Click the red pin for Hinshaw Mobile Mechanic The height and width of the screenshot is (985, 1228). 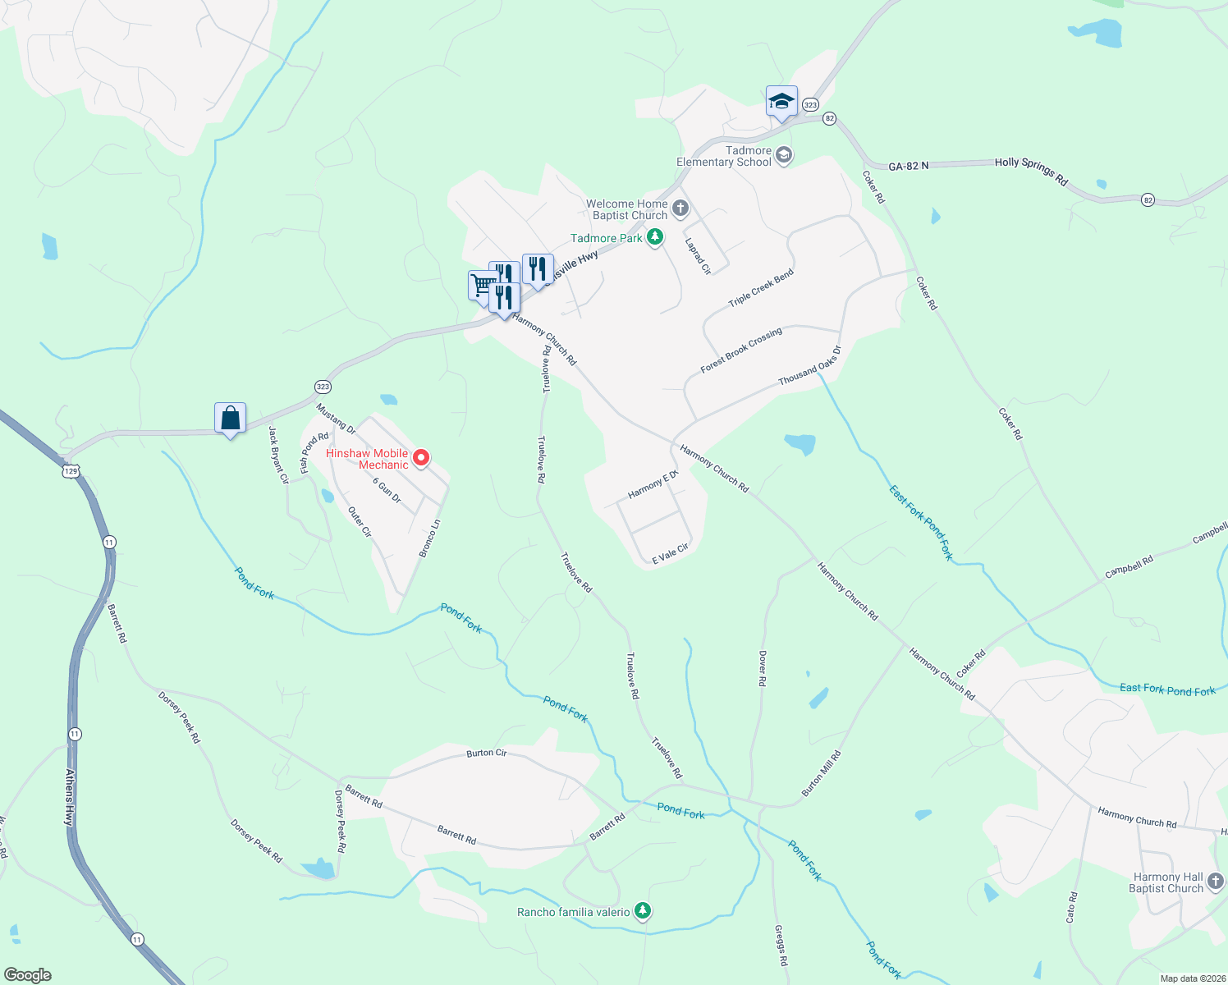click(x=421, y=458)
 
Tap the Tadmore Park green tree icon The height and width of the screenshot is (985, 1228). click(x=654, y=238)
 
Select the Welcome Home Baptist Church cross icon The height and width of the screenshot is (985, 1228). click(x=680, y=208)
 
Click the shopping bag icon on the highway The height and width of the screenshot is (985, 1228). click(x=231, y=419)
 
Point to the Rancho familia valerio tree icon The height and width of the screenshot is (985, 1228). click(x=643, y=911)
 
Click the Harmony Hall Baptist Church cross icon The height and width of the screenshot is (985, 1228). click(x=1216, y=882)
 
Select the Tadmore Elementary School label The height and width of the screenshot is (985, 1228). click(x=724, y=156)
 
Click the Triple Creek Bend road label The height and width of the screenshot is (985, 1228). click(x=761, y=288)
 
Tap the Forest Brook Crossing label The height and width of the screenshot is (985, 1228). click(x=741, y=350)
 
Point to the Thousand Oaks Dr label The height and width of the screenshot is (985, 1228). click(x=809, y=366)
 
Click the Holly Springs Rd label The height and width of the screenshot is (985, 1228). click(x=1031, y=172)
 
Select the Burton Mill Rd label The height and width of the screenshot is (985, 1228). click(x=822, y=773)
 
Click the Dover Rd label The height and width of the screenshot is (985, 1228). click(x=763, y=669)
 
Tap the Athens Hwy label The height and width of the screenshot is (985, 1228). click(x=71, y=796)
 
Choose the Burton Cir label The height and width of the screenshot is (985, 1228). click(x=487, y=753)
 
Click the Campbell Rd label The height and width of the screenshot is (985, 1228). click(x=1129, y=566)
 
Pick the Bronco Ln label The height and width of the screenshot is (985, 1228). click(x=430, y=538)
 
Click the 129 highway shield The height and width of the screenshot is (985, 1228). click(x=71, y=471)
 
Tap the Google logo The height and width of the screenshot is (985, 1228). click(x=28, y=975)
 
